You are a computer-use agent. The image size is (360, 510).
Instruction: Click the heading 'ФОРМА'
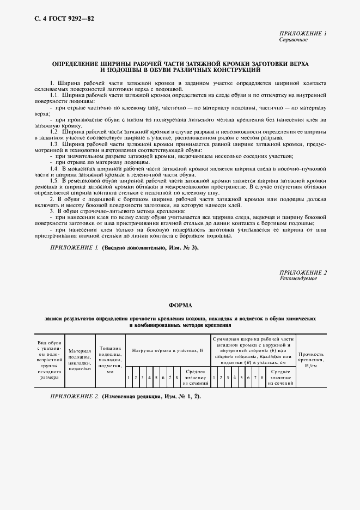(179, 305)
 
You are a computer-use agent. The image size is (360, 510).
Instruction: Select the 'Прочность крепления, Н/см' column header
(311, 360)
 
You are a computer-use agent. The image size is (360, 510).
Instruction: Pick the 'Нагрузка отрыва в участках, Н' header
(167, 350)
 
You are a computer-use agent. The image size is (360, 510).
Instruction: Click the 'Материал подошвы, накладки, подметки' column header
(80, 360)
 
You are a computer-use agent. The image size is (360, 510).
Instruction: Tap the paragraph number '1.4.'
(54, 169)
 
